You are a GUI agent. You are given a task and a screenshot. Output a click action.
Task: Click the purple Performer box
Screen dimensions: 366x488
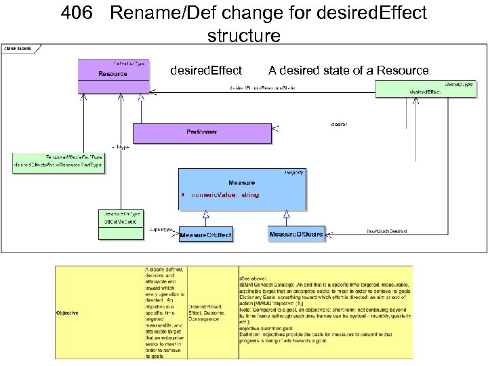[x=201, y=133]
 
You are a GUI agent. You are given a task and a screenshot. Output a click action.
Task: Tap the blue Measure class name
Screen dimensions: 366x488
[x=241, y=183]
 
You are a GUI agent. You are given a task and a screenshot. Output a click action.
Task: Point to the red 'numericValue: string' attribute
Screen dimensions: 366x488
[x=224, y=195]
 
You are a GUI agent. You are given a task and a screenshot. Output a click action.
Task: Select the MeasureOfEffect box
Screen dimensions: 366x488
[x=205, y=235]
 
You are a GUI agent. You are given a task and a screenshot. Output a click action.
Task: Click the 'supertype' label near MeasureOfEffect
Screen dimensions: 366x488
[x=161, y=229]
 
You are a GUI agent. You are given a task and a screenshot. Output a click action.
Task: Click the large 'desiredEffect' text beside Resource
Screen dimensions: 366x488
[x=206, y=70]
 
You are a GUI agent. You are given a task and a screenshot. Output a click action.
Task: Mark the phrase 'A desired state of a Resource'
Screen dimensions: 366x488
[x=348, y=70]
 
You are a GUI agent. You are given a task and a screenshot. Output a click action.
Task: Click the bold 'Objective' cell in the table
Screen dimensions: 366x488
[x=67, y=312]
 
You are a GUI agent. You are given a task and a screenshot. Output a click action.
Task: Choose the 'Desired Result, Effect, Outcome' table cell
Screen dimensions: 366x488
[x=212, y=312]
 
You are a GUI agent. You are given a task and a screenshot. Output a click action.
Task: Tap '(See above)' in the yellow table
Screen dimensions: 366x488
[x=247, y=279]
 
